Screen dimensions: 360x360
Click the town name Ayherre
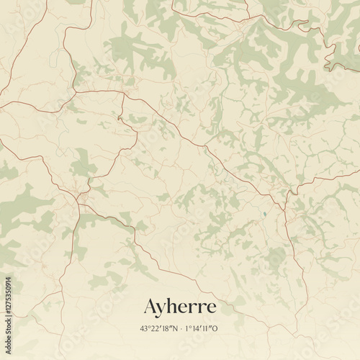[180, 307]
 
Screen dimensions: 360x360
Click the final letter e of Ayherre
[210, 307]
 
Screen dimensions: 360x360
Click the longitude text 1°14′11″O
[202, 328]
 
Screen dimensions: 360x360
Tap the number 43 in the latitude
[145, 328]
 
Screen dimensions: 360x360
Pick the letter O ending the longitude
[215, 328]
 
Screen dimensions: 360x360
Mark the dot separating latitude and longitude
[181, 328]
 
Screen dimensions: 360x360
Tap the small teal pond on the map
[266, 215]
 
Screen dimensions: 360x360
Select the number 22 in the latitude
[154, 328]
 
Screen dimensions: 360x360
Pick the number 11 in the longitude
[207, 328]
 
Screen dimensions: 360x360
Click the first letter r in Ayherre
[194, 307]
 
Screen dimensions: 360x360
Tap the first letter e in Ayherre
[185, 307]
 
